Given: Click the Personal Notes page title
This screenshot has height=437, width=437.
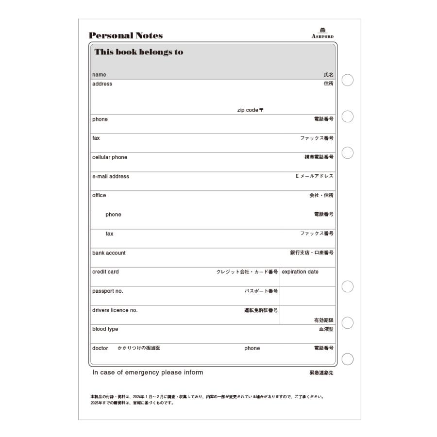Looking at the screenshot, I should [x=126, y=35].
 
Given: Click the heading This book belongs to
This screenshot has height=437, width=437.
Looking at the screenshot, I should [x=139, y=52].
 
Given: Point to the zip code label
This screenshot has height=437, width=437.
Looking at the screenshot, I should [x=250, y=110].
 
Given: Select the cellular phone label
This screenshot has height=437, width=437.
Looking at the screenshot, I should [x=110, y=157].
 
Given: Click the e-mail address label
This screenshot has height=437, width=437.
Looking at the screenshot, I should [x=111, y=177].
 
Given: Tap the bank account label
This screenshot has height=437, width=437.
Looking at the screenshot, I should [x=109, y=253].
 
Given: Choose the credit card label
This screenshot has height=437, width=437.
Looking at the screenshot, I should [x=105, y=272].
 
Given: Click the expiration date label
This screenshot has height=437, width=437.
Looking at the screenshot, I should [x=300, y=272].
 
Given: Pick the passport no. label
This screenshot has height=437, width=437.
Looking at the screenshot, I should [x=108, y=291].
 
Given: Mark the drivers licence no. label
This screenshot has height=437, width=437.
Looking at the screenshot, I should [x=115, y=310].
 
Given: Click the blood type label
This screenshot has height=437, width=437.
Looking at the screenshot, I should [x=105, y=329].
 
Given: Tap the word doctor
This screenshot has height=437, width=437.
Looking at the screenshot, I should [x=100, y=348].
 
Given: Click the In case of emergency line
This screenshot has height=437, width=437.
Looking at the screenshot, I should [x=148, y=373].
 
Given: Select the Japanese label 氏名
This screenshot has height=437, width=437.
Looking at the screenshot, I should [x=329, y=75].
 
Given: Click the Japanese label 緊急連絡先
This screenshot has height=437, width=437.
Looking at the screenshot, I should [x=321, y=373].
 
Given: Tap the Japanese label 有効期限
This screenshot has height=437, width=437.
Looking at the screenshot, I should [x=324, y=320].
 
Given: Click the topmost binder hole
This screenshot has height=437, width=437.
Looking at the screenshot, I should [x=347, y=80].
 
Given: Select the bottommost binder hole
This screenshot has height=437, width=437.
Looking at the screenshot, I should [x=347, y=359].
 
